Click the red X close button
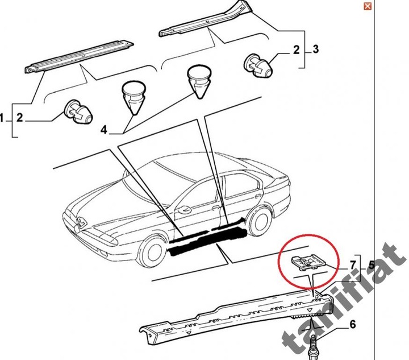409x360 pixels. pyautogui.click(x=368, y=6)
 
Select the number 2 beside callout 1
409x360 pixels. pyautogui.click(x=19, y=118)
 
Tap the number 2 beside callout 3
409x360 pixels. pyautogui.click(x=296, y=51)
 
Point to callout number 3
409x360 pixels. pyautogui.click(x=316, y=51)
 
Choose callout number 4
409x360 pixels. pyautogui.click(x=104, y=130)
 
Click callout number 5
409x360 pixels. pyautogui.click(x=371, y=264)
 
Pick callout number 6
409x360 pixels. pyautogui.click(x=352, y=325)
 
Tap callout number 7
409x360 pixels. pyautogui.click(x=352, y=265)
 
